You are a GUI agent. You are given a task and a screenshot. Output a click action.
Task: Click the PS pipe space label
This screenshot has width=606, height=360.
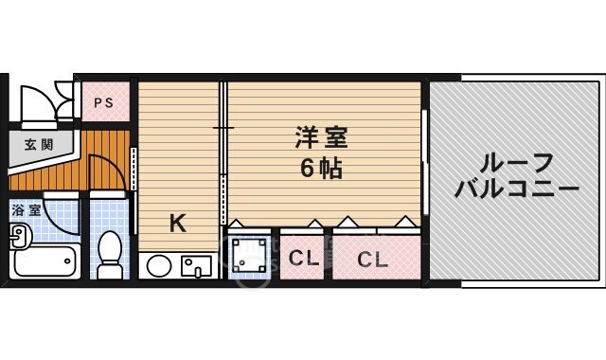coord(104,103)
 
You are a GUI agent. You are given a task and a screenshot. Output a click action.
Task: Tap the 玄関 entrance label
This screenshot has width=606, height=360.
coord(39,145)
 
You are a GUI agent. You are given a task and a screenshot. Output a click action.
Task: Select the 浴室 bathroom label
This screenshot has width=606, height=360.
coord(26,210)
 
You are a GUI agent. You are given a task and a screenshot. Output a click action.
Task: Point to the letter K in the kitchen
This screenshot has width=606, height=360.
coord(177,225)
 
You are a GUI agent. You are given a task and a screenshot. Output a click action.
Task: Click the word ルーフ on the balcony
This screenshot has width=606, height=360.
coord(515,161)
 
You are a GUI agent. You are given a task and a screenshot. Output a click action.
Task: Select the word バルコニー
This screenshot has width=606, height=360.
coord(516,189)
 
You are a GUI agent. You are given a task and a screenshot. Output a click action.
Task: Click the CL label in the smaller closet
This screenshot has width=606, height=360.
coord(303,257)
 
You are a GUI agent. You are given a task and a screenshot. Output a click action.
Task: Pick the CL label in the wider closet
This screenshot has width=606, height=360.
coord(373,259)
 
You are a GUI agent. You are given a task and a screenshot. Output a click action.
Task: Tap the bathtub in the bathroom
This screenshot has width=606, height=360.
coord(45,261)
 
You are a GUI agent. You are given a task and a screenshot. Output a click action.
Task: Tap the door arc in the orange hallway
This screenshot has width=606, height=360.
coord(109,171)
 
